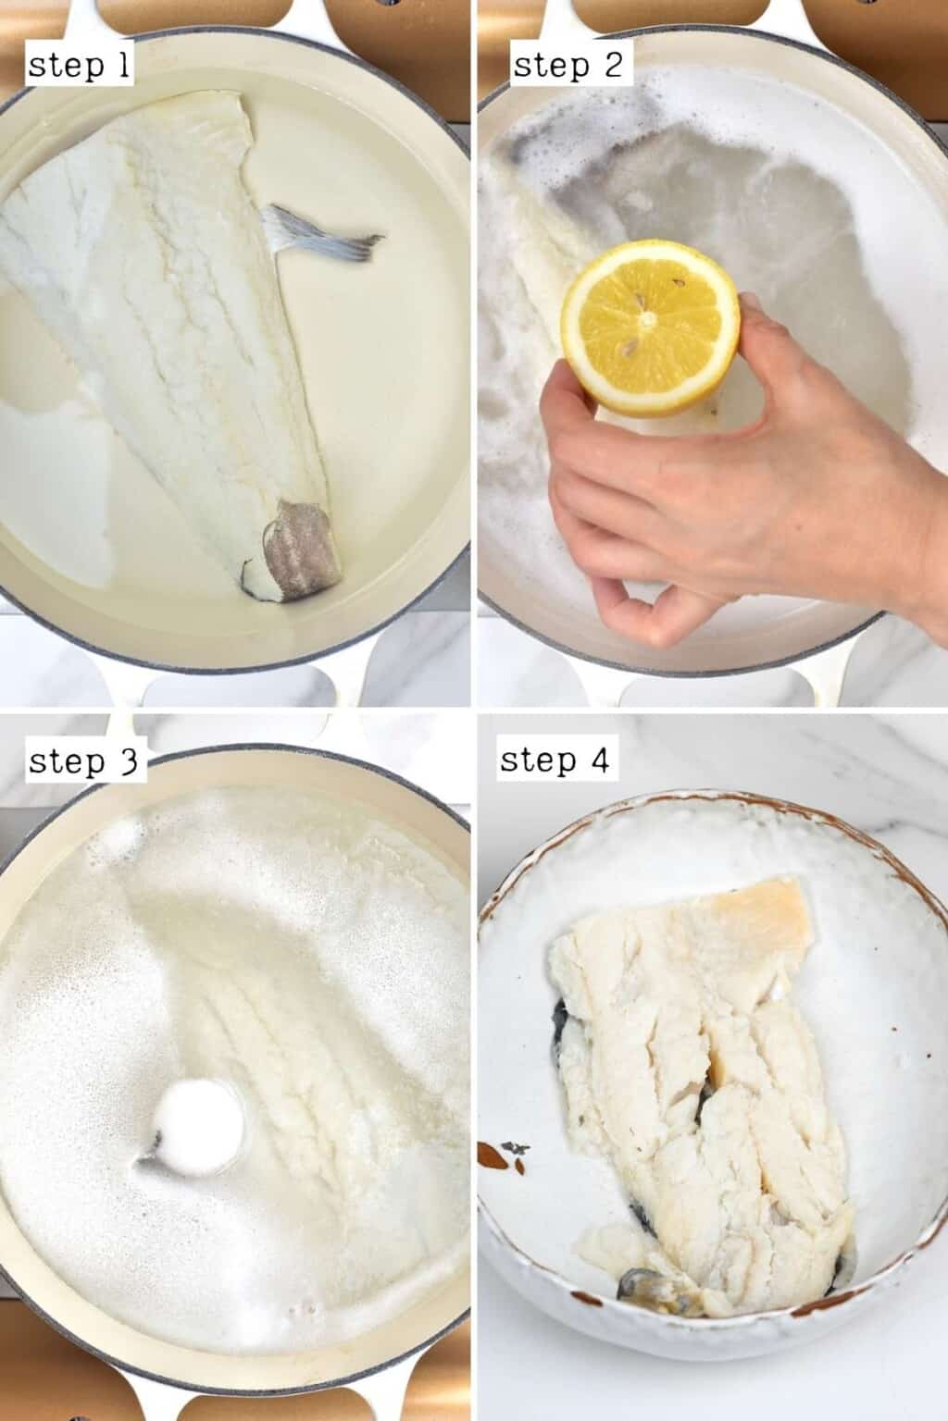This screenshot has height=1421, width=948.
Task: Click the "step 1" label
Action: coord(80,65)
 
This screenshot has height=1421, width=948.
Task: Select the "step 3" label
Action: coord(83,761)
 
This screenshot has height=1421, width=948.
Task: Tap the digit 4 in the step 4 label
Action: coord(598,760)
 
